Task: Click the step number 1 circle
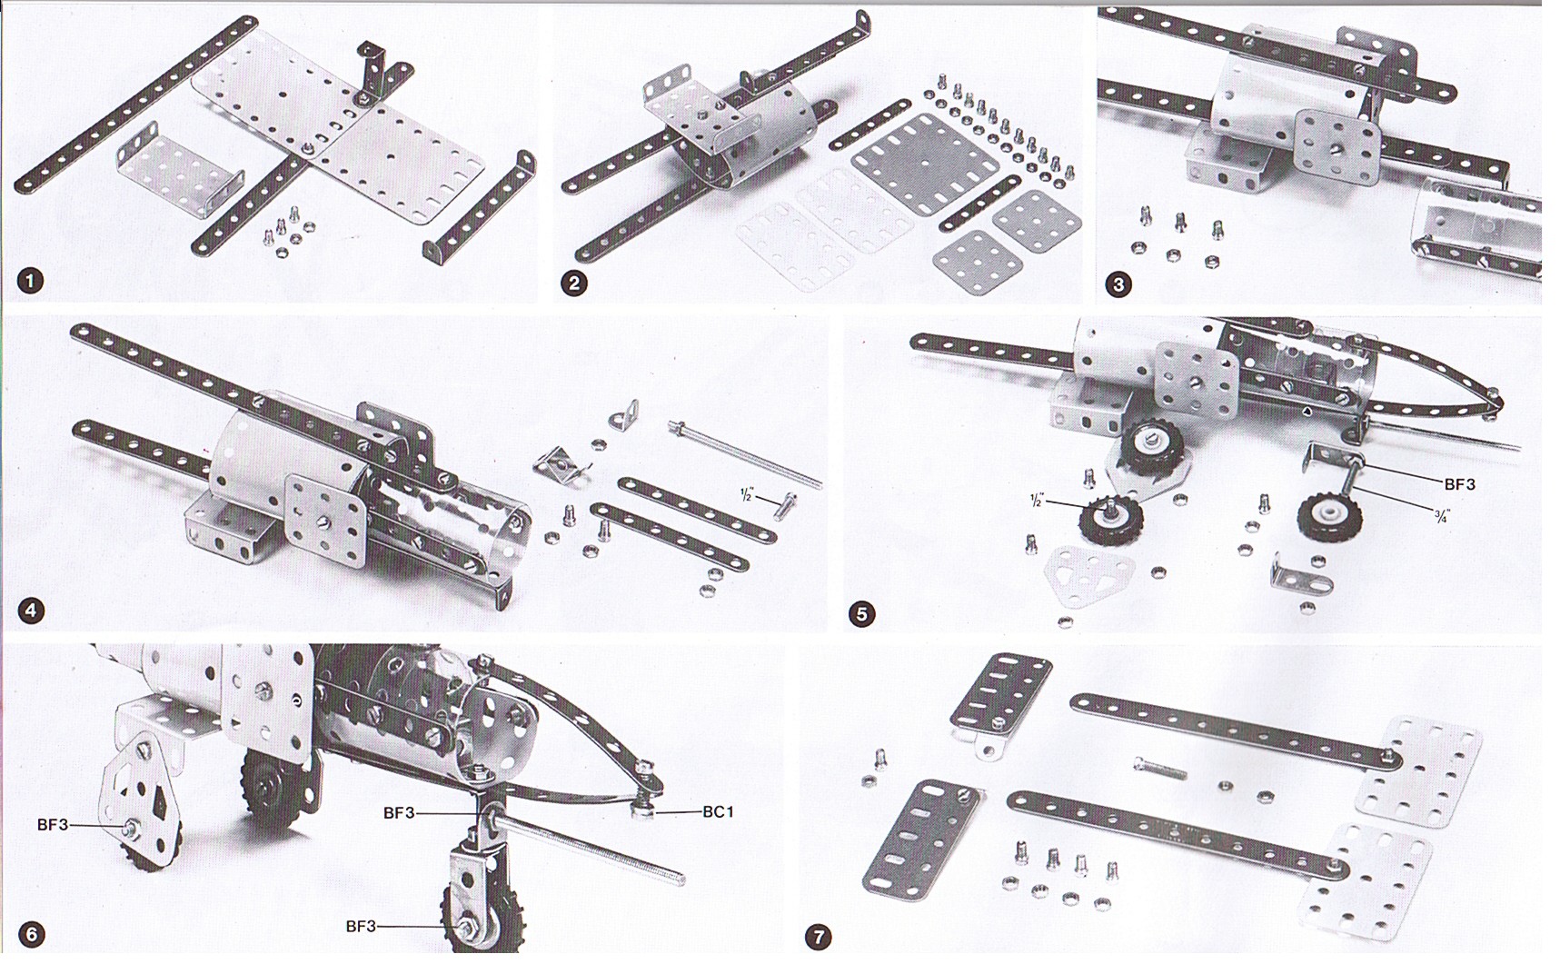pyautogui.click(x=30, y=281)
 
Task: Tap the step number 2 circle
pyautogui.click(x=573, y=283)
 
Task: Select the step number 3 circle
pyautogui.click(x=1118, y=284)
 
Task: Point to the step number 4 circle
pyautogui.click(x=31, y=611)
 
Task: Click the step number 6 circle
pyautogui.click(x=32, y=935)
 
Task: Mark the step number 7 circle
pyautogui.click(x=819, y=937)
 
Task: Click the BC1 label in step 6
pyautogui.click(x=718, y=812)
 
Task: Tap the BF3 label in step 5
pyautogui.click(x=1459, y=485)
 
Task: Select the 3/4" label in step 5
pyautogui.click(x=1441, y=516)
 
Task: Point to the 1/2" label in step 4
pyautogui.click(x=747, y=495)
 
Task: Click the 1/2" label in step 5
pyautogui.click(x=1036, y=501)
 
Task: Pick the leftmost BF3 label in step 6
pyautogui.click(x=53, y=825)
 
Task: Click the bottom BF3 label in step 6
pyautogui.click(x=361, y=927)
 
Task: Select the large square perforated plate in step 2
pyautogui.click(x=925, y=164)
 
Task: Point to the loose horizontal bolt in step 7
pyautogui.click(x=1160, y=770)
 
